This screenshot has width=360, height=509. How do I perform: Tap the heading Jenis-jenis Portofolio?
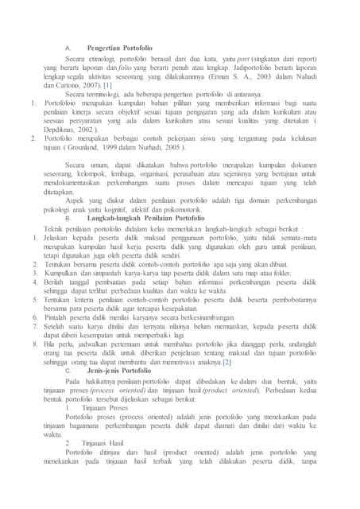click(121, 371)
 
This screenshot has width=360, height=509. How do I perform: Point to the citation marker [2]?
click(226, 363)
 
